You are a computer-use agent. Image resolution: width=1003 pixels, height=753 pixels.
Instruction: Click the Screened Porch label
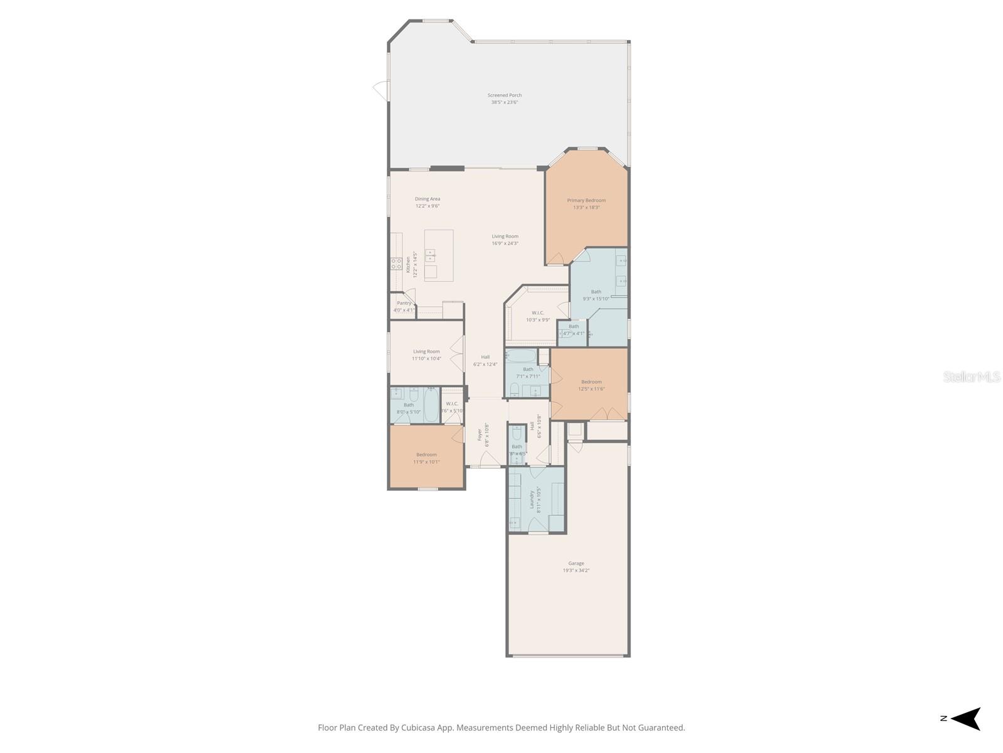(505, 95)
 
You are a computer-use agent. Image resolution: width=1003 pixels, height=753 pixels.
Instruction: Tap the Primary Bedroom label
(586, 200)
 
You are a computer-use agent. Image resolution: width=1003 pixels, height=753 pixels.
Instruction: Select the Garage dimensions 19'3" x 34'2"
(575, 570)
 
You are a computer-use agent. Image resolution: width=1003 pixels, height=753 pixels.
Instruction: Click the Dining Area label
(427, 199)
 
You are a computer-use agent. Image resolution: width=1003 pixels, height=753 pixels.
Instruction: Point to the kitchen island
(438, 255)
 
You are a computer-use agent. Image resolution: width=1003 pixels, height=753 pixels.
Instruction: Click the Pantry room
(404, 306)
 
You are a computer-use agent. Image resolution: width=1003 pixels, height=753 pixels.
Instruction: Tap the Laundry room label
(532, 499)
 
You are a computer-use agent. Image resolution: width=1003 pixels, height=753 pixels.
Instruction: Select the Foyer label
(480, 434)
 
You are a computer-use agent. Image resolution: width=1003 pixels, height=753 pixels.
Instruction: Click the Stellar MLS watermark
(972, 376)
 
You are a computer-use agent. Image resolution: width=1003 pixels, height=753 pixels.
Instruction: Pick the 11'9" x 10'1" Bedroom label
(426, 458)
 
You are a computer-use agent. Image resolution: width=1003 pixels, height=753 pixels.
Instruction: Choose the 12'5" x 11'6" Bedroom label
(591, 385)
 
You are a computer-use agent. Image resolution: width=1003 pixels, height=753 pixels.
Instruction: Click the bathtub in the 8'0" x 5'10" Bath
(431, 406)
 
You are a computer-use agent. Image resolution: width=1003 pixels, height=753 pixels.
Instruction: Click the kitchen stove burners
(396, 264)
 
